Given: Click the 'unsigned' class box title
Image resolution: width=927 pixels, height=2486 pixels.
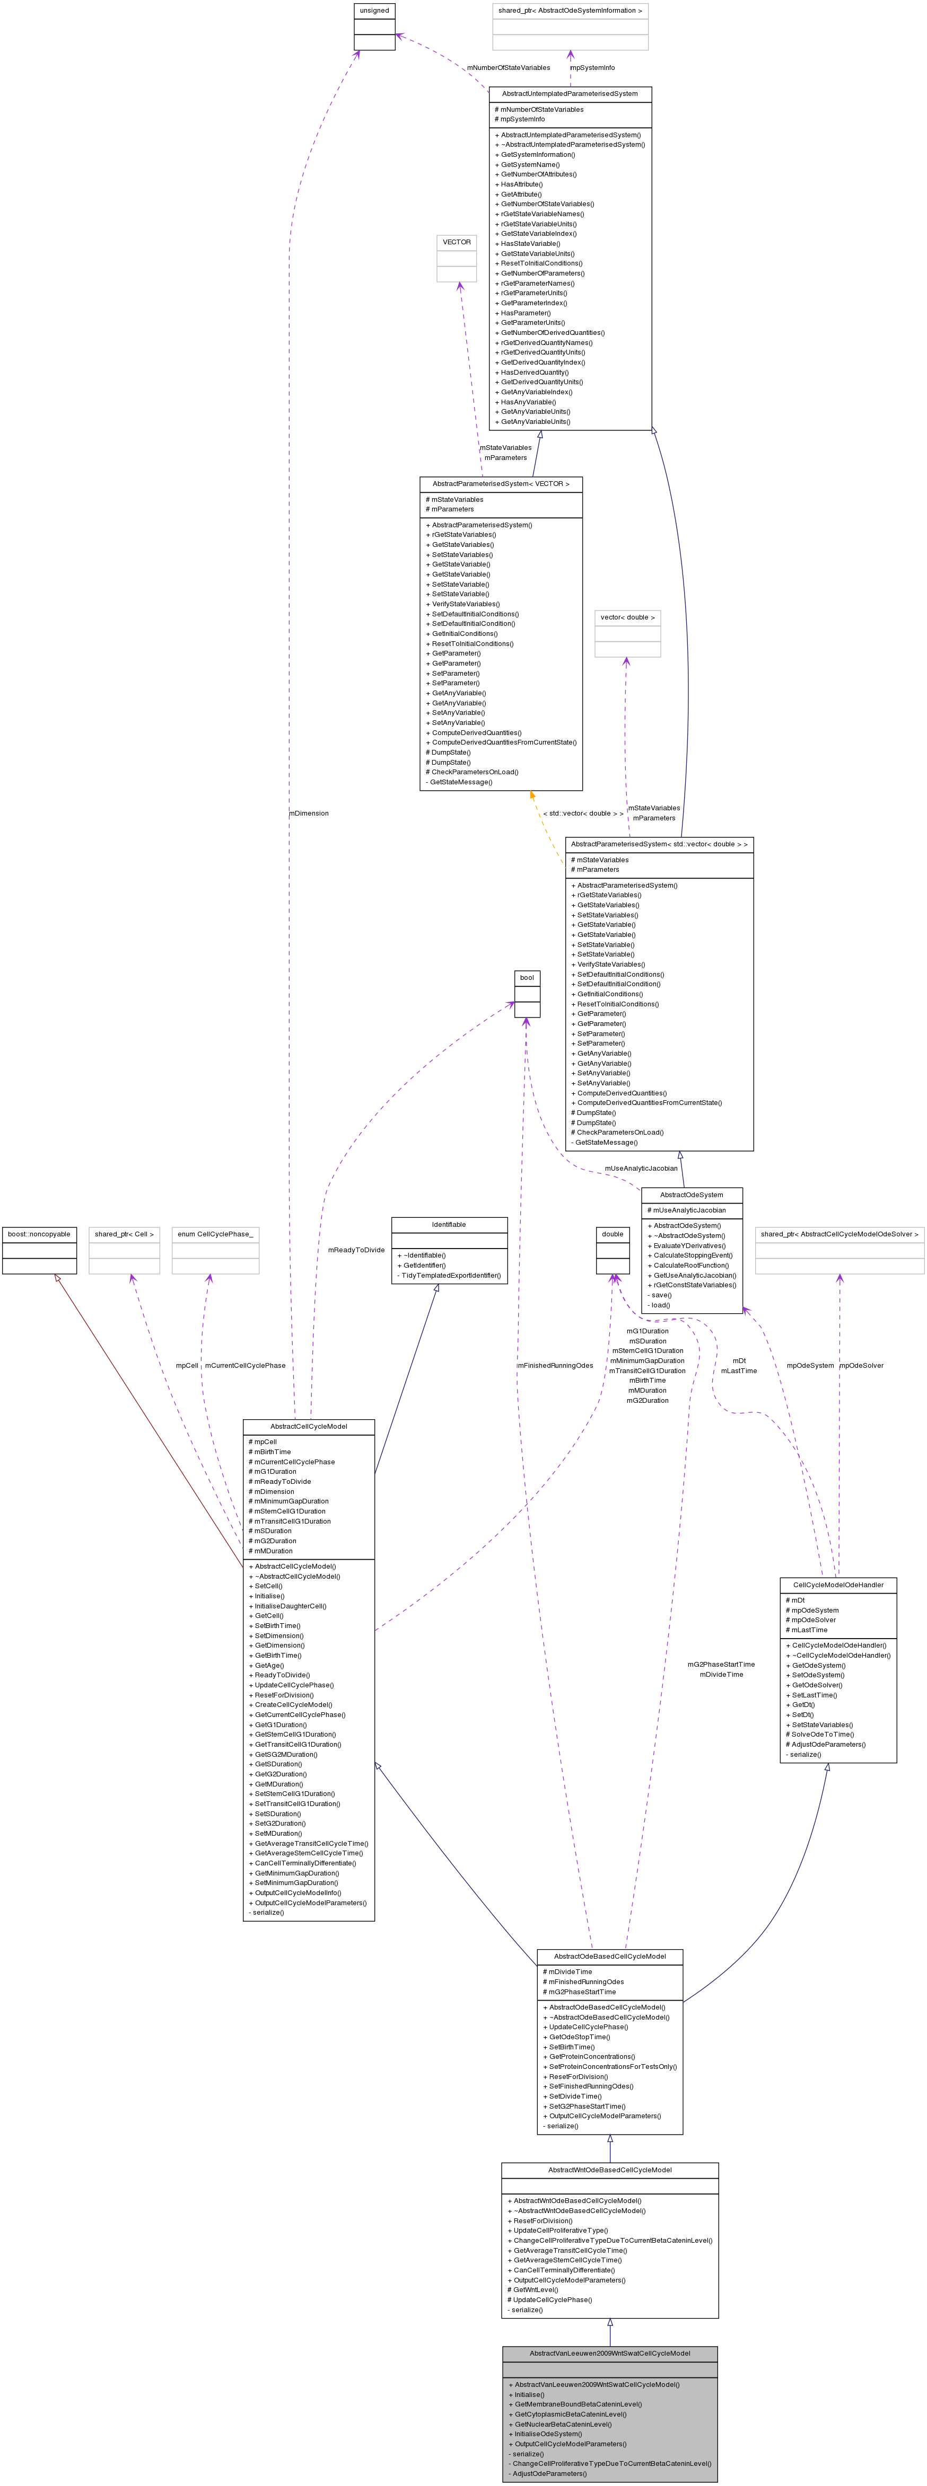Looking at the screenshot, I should [x=374, y=11].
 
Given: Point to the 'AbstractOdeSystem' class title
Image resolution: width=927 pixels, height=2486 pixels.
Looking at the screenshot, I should [x=692, y=1195].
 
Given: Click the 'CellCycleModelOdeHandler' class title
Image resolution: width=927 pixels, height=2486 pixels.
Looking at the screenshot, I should [x=838, y=1585].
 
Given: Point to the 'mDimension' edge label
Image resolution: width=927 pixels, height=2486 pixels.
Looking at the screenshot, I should [x=309, y=813].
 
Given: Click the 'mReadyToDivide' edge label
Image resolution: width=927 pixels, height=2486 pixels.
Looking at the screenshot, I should [x=356, y=1250].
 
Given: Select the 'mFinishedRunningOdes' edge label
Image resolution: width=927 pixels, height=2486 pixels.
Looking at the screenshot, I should [x=555, y=1366].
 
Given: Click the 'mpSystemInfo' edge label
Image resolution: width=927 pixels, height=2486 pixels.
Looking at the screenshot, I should [x=592, y=67].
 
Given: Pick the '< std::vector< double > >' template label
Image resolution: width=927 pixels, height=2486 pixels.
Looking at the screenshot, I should [x=583, y=813].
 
